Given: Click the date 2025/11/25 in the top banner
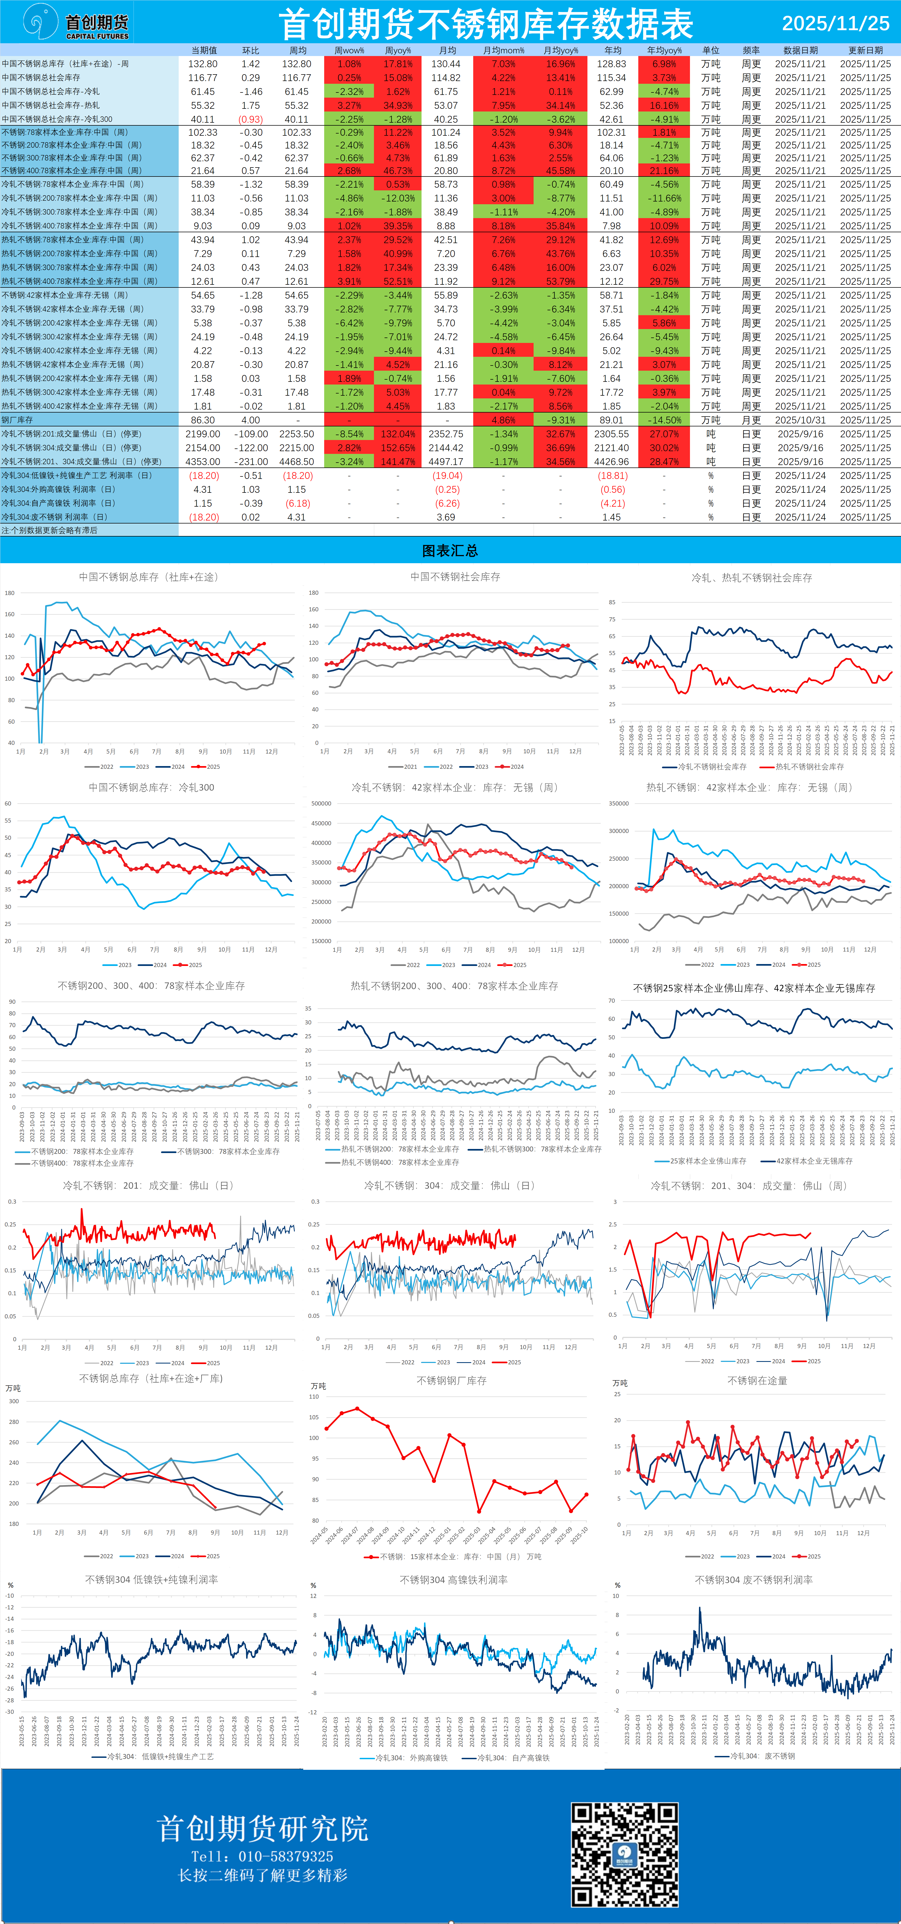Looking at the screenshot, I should pos(835,23).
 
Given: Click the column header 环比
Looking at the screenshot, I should pos(251,50).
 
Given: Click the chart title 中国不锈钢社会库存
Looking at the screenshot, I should pos(455,577).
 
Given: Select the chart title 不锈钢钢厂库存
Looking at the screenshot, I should pos(451,1380).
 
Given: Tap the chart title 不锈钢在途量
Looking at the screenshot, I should pos(757,1380).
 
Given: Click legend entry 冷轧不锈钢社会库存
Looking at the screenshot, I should pos(711,766).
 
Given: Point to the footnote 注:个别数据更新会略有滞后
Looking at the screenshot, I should pos(49,530).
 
